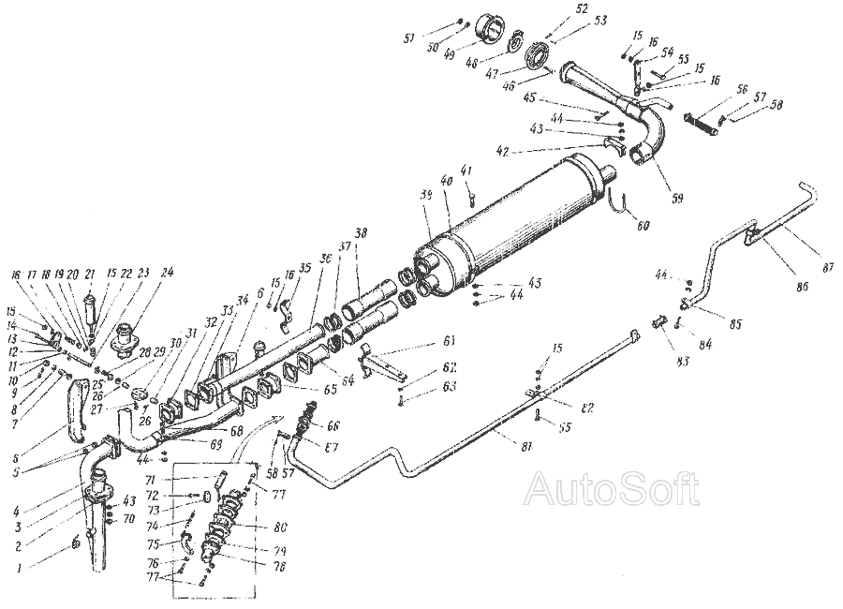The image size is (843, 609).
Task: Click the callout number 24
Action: pos(168,274)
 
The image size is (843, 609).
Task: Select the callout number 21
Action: pos(91,274)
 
